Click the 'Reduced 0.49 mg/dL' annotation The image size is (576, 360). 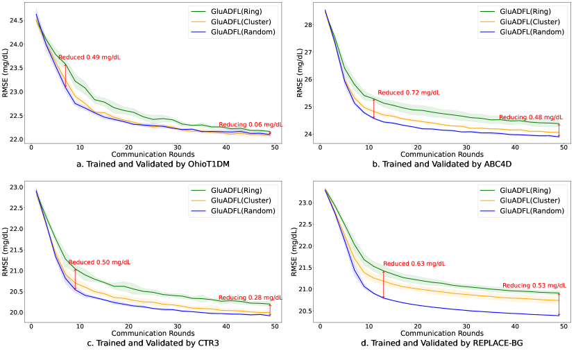pos(89,58)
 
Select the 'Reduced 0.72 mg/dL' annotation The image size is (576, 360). pos(409,92)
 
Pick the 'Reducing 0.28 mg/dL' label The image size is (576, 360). pos(251,298)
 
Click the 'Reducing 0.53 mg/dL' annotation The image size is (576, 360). pos(533,285)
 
